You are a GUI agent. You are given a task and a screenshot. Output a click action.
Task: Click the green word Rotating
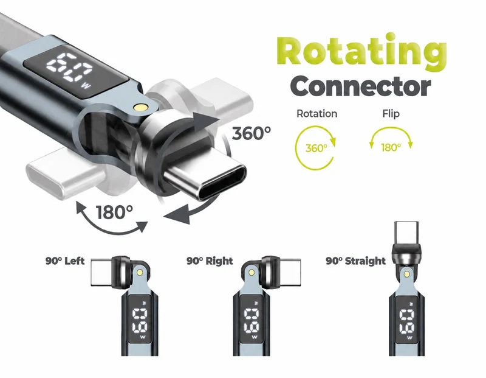point(361,51)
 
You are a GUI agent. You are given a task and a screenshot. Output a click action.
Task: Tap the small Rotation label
point(317,114)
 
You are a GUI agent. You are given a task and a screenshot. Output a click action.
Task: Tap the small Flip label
point(391,114)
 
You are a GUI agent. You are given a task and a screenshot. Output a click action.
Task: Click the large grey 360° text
point(252,133)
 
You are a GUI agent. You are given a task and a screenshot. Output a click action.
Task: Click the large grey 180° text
point(114,212)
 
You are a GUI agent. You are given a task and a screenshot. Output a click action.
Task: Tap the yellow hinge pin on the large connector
point(140,108)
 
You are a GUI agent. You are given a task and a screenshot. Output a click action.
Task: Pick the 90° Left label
point(65,261)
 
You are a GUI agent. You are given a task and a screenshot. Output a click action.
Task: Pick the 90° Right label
point(210,261)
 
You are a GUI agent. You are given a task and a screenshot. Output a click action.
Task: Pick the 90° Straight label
point(355,261)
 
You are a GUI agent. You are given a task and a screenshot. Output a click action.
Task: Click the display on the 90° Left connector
point(140,320)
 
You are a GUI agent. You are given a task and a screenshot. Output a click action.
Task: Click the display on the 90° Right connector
point(252,320)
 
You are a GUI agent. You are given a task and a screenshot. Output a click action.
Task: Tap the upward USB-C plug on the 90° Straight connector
point(406,233)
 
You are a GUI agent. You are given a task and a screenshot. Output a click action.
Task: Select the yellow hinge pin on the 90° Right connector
point(252,273)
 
